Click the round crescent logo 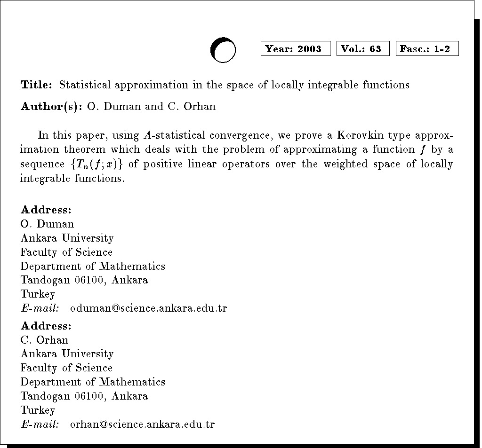click(223, 49)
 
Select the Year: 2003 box click(295, 48)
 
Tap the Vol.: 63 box click(363, 48)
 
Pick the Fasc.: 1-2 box click(427, 48)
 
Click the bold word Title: click(36, 85)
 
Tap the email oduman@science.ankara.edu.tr click(148, 308)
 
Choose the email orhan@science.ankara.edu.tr click(142, 424)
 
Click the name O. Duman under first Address click(47, 224)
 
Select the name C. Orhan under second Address click(44, 340)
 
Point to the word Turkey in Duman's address click(38, 295)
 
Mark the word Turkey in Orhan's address click(38, 410)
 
